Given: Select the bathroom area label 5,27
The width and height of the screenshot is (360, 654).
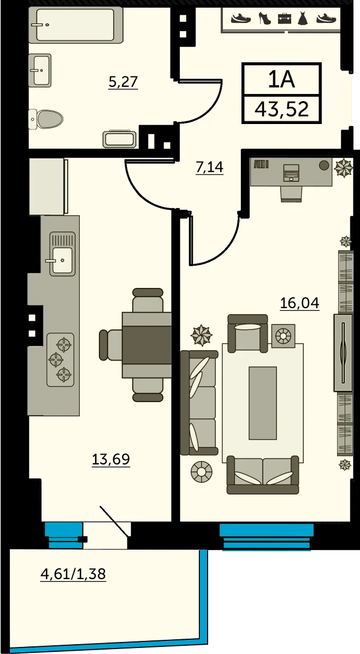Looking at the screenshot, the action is click(x=123, y=82).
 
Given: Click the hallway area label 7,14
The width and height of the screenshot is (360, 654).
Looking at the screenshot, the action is click(x=209, y=167).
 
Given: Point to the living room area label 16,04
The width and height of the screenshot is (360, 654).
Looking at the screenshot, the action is click(x=299, y=303).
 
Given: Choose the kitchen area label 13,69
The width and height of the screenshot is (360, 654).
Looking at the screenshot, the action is click(x=111, y=459).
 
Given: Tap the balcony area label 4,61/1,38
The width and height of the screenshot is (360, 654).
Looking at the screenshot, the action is click(x=73, y=574).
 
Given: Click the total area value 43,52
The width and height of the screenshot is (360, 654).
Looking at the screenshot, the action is click(x=282, y=109).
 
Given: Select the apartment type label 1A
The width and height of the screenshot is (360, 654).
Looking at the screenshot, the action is click(x=281, y=79).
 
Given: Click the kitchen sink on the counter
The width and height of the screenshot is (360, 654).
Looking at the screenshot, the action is click(x=63, y=254).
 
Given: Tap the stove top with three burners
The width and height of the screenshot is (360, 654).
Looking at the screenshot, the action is click(x=61, y=360).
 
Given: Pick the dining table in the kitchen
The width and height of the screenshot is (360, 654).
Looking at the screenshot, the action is click(x=146, y=345).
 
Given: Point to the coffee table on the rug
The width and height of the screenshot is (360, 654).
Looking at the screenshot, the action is click(x=263, y=403).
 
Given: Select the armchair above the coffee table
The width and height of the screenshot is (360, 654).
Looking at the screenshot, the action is click(x=247, y=333).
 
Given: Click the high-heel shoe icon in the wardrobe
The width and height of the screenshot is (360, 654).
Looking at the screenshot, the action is click(x=265, y=18).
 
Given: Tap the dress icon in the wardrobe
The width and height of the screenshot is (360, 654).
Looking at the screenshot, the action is click(x=303, y=19).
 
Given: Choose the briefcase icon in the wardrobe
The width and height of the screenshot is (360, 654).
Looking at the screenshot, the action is click(x=285, y=19).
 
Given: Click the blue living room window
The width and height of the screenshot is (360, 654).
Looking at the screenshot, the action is click(x=266, y=537).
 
